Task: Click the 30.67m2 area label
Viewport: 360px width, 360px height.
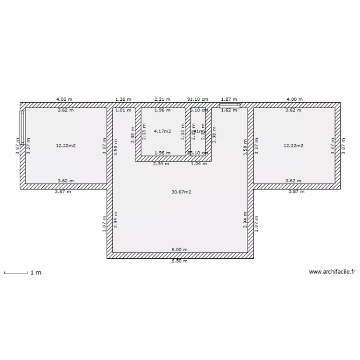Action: (181, 192)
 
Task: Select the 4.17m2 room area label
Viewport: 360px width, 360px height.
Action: (162, 131)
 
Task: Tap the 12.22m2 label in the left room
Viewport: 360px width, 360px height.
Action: (66, 145)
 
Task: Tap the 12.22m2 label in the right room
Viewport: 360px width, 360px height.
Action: (293, 145)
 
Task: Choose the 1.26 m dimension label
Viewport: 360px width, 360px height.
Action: (123, 99)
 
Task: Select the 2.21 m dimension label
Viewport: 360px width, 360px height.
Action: (162, 99)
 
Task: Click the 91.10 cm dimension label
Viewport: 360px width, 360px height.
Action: (198, 99)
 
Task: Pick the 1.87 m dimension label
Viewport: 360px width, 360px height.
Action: (228, 99)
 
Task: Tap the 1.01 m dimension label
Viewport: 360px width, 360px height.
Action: (123, 110)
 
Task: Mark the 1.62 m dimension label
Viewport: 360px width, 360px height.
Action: (228, 110)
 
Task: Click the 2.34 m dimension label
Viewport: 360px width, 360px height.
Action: (161, 164)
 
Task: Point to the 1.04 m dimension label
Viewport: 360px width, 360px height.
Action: (199, 164)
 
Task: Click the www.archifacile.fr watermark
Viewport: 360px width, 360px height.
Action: (332, 272)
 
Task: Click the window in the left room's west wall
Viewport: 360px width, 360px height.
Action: (22, 127)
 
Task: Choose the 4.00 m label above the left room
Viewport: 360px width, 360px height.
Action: (64, 99)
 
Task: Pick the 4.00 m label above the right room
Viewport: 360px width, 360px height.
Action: (295, 99)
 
